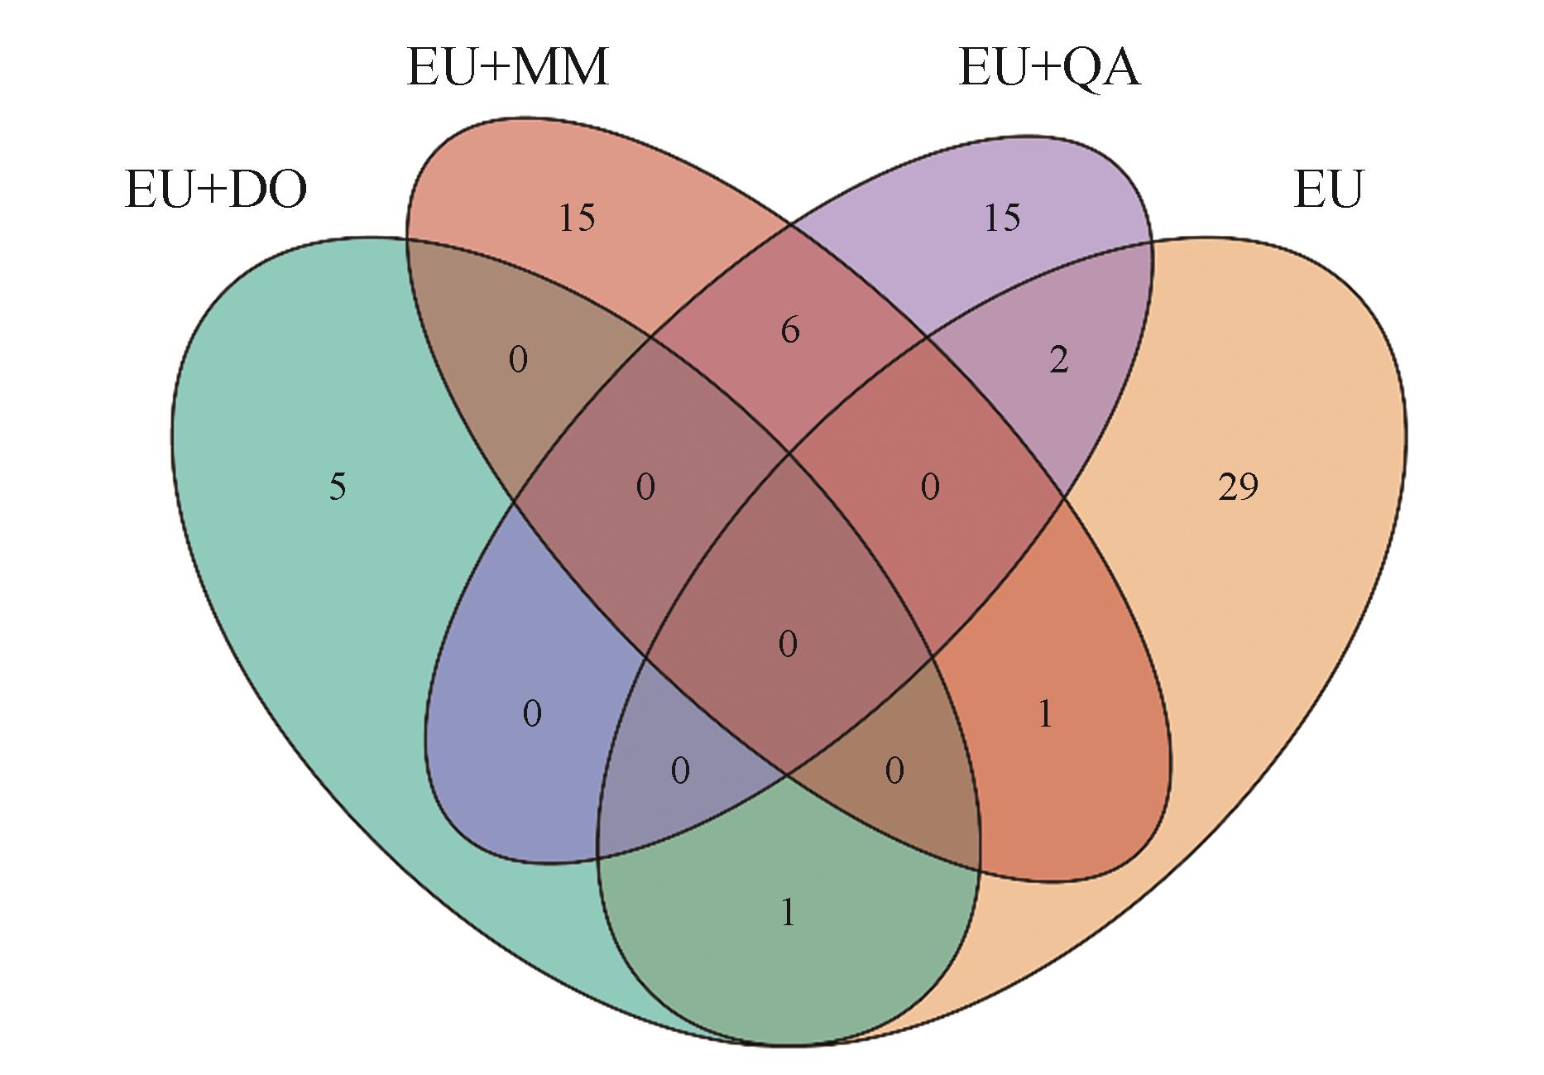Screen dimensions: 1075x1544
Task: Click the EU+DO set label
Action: [x=215, y=190]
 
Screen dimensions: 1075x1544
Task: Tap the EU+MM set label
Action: [x=508, y=67]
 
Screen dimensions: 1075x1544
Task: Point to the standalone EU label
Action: [x=1327, y=190]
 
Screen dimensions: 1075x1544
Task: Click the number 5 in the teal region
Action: [x=338, y=487]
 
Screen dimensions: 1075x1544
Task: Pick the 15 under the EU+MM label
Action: [x=577, y=218]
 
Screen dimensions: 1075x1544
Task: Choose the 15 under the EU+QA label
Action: [x=1002, y=218]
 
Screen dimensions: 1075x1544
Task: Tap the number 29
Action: [x=1238, y=487]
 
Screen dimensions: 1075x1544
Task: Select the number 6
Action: [x=790, y=331]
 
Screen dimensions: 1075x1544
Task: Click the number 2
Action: [x=1058, y=360]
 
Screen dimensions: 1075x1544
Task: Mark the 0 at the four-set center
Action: [x=788, y=644]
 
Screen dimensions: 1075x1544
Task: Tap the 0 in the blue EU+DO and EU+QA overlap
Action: [x=532, y=713]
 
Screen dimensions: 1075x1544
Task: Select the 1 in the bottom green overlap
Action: [x=788, y=913]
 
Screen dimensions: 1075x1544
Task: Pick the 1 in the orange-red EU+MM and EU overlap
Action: [x=1046, y=713]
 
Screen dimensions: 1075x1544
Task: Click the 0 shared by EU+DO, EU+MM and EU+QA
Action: [x=645, y=487]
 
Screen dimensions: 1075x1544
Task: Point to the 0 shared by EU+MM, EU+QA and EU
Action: [x=930, y=487]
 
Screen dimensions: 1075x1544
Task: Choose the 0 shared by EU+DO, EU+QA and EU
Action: [x=679, y=771]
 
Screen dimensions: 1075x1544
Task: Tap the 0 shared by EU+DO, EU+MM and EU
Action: [x=894, y=771]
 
